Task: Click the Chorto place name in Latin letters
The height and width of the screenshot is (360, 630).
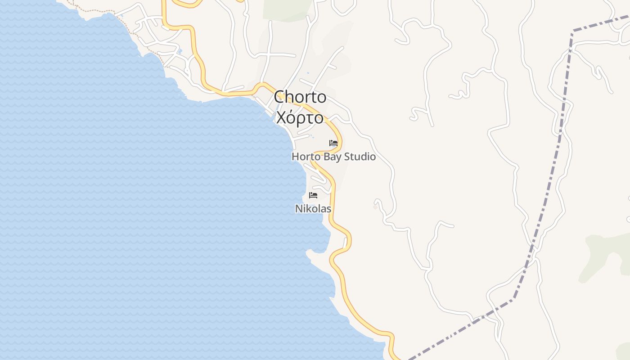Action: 300,97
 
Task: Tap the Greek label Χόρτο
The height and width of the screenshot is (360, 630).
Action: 300,118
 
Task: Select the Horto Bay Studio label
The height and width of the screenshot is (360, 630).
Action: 333,157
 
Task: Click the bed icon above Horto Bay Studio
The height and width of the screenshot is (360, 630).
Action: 333,143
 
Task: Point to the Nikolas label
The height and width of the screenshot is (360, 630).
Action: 313,209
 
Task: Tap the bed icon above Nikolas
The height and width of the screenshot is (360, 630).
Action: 313,195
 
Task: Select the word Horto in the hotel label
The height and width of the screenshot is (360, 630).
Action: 306,157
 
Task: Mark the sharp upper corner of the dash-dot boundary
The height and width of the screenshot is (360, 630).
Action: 573,31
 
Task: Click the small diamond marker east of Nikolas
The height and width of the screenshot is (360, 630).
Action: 375,207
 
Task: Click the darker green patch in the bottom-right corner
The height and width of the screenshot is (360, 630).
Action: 625,351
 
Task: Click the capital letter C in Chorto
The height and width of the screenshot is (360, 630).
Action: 280,97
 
